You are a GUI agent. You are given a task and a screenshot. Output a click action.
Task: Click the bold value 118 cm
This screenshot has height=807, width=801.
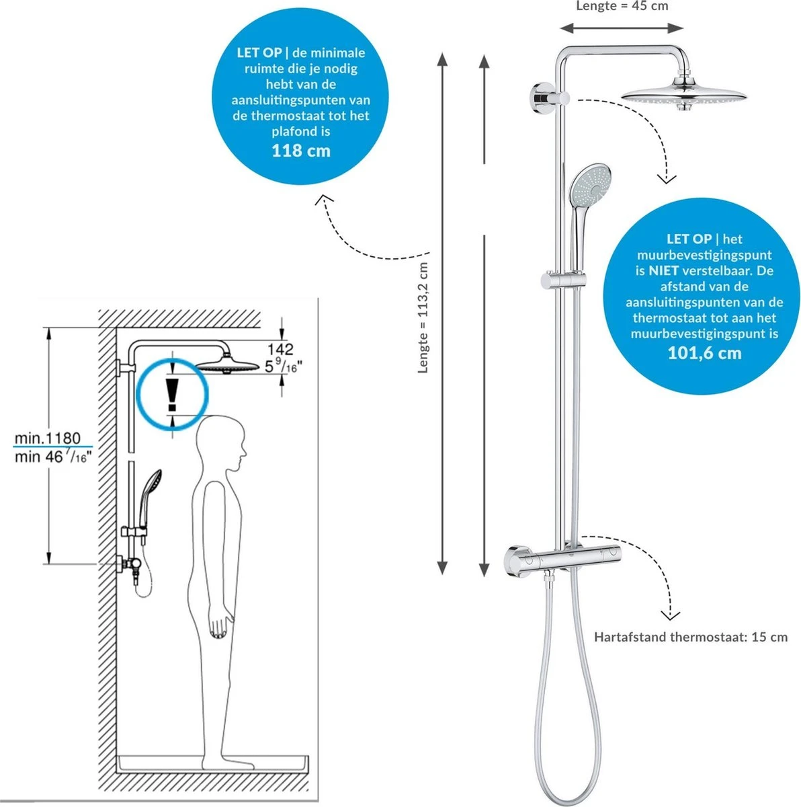pyautogui.click(x=300, y=150)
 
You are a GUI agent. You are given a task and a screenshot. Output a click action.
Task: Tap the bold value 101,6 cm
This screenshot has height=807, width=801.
pyautogui.click(x=704, y=352)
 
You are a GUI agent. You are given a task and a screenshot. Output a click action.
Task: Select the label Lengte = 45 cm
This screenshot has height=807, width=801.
pyautogui.click(x=622, y=6)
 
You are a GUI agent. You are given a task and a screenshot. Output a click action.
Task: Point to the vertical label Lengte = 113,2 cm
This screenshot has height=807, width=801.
pyautogui.click(x=423, y=317)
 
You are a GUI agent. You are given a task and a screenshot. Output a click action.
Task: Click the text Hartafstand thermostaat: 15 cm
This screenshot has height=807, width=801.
pyautogui.click(x=690, y=637)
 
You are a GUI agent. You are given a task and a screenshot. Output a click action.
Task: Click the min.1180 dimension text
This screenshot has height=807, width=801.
pyautogui.click(x=48, y=438)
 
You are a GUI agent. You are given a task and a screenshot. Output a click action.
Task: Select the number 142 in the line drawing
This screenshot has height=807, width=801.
pyautogui.click(x=280, y=348)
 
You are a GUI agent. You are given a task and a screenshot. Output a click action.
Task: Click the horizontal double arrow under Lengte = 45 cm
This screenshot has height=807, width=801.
pyautogui.click(x=622, y=28)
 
